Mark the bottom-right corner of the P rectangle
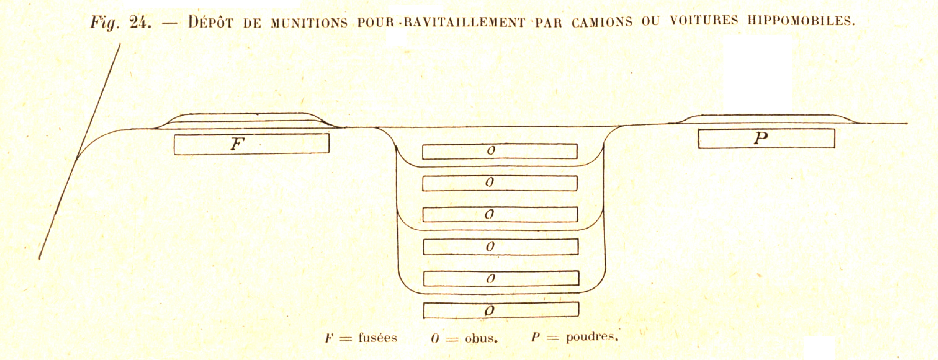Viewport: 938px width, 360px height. (835, 147)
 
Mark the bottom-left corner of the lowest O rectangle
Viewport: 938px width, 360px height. (423, 318)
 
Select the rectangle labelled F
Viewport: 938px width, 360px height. (252, 144)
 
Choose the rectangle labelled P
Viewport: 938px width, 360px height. (766, 138)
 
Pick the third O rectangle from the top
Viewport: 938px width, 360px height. (500, 214)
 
